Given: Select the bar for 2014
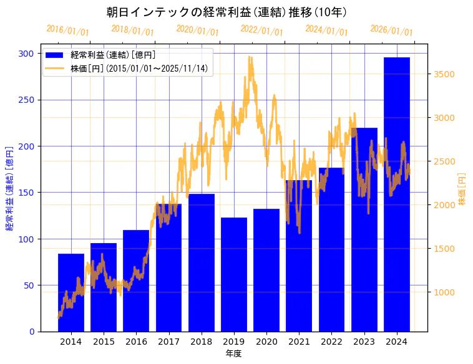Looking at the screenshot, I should [x=71, y=292].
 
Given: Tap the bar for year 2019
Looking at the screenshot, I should [x=234, y=274].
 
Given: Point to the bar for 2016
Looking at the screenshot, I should [x=136, y=280].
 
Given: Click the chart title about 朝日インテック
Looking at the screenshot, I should [x=227, y=12].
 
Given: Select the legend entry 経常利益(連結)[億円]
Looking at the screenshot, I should [x=113, y=55].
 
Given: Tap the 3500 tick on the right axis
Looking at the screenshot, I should [x=445, y=74].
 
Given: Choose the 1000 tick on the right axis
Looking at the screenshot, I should [x=445, y=292].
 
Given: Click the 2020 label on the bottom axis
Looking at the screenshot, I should [x=266, y=342].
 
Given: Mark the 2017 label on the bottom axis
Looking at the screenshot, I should [x=168, y=342].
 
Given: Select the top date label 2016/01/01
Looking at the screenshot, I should [x=68, y=31].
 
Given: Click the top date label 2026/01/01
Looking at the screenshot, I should [x=391, y=31].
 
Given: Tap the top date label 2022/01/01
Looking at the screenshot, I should [x=262, y=31].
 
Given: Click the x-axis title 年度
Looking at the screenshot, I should [x=233, y=353].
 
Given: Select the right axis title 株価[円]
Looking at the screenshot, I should [x=462, y=189].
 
